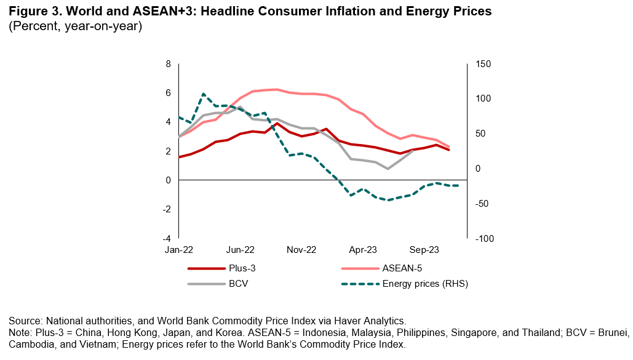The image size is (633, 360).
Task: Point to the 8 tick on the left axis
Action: click(x=167, y=64)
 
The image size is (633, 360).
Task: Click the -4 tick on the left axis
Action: click(x=166, y=238)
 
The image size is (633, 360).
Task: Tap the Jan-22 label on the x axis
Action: click(x=178, y=250)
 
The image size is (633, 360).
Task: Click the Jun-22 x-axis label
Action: click(x=240, y=250)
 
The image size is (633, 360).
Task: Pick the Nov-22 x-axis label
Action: click(x=301, y=250)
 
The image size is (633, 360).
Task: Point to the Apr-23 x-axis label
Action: click(x=363, y=250)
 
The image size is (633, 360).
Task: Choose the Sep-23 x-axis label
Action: click(x=424, y=250)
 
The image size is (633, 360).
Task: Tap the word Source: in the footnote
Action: click(x=26, y=321)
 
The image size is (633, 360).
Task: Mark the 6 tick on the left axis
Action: click(x=167, y=93)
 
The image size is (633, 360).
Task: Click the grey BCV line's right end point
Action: click(x=412, y=151)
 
